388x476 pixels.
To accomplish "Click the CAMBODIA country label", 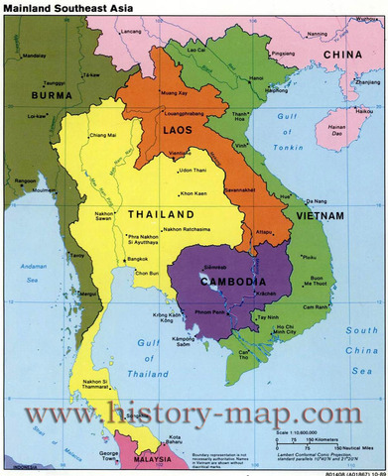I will [x=231, y=281].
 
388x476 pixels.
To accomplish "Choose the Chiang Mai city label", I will [x=103, y=133].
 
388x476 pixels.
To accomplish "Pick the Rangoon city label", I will [x=24, y=179].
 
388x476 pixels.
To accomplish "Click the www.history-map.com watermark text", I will [x=193, y=413].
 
